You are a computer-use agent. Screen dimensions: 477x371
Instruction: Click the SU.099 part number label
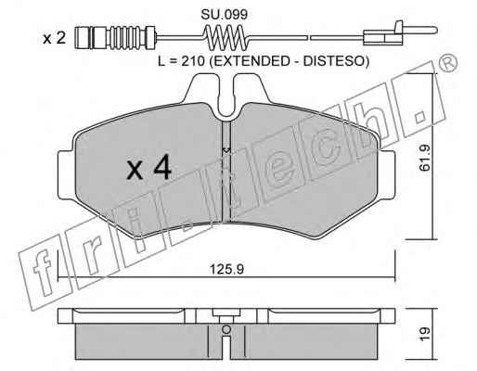click(x=225, y=15)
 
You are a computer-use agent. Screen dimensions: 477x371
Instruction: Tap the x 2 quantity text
click(x=54, y=39)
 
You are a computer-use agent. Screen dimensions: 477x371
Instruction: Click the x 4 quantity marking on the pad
click(x=149, y=167)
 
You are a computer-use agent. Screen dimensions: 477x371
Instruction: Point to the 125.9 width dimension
click(x=227, y=269)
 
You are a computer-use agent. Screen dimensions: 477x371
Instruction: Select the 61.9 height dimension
click(x=425, y=159)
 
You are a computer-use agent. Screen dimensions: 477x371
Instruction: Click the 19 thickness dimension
click(x=425, y=334)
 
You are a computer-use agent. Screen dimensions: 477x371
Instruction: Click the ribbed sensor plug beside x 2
click(x=115, y=38)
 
